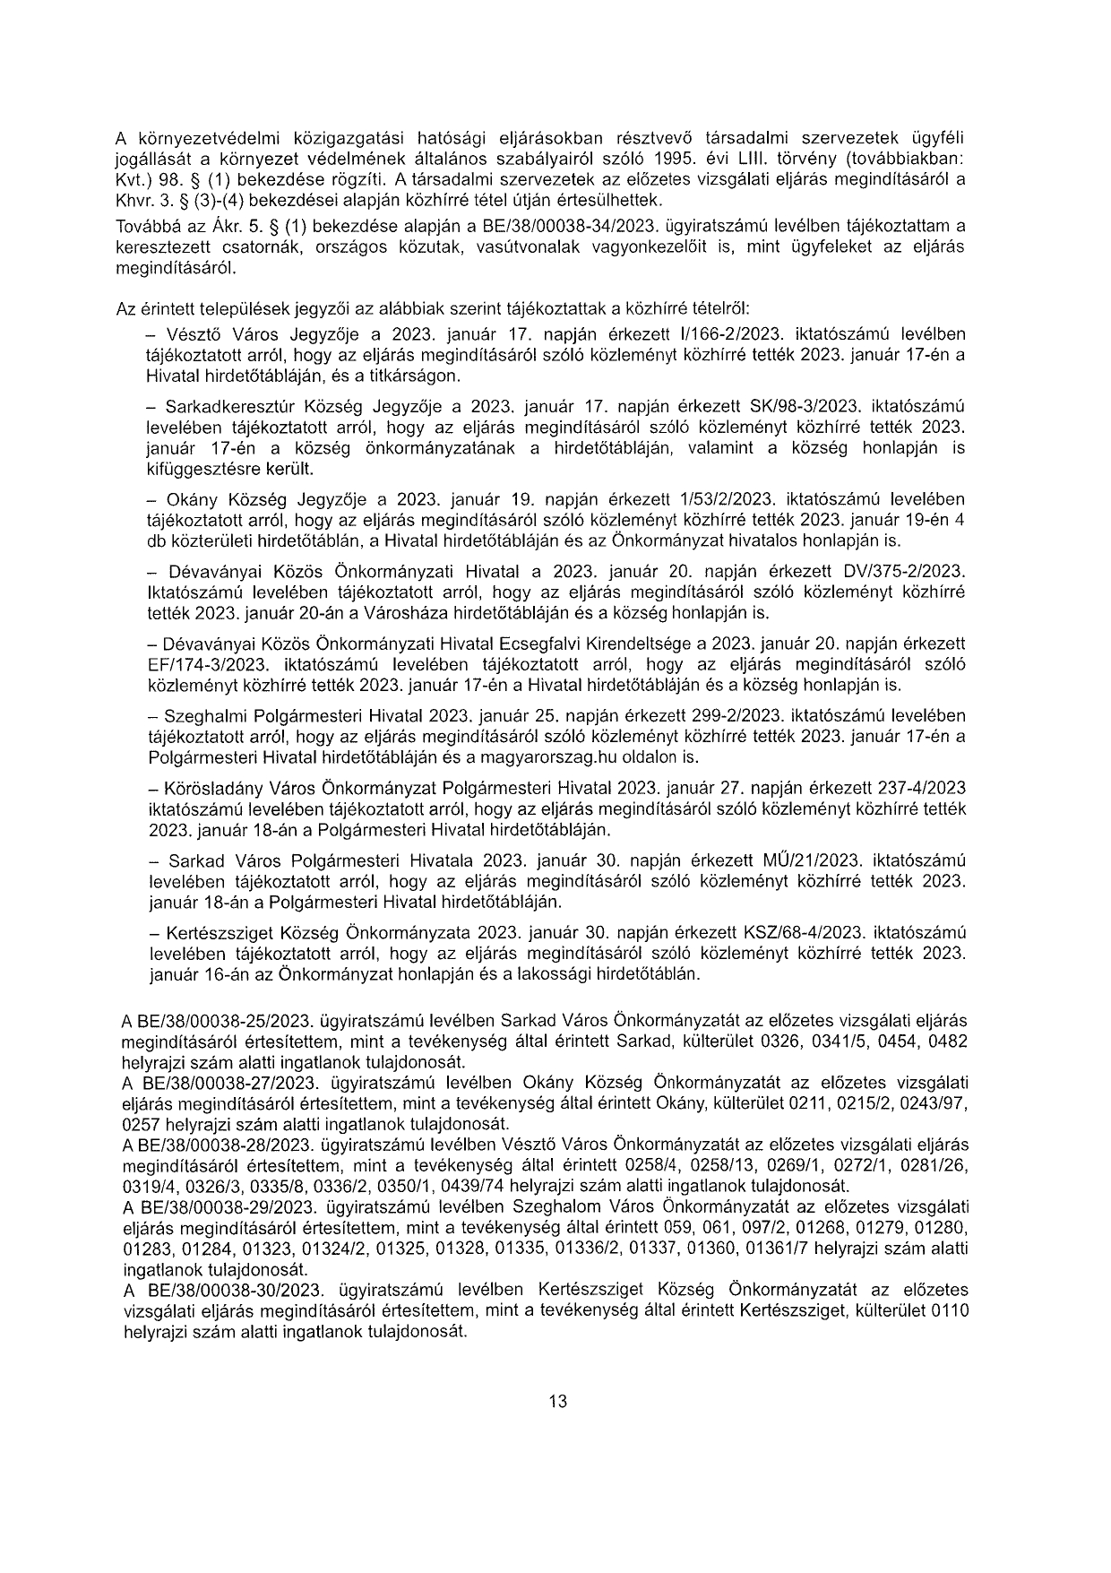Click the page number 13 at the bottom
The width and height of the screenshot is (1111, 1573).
pyautogui.click(x=557, y=1403)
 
